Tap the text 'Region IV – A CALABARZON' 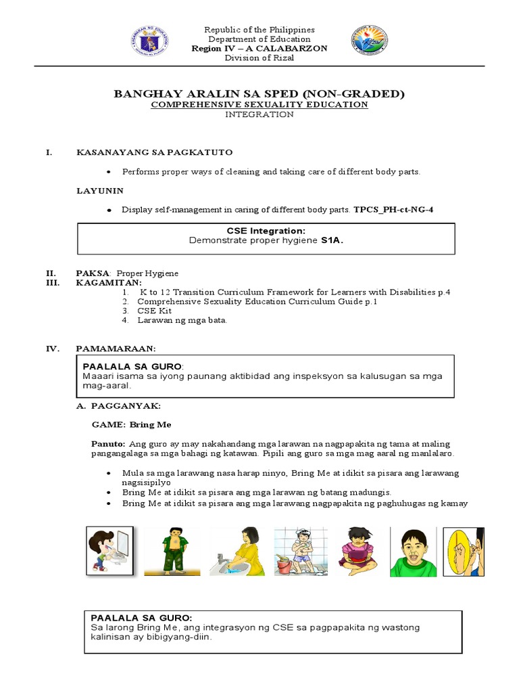tap(259, 49)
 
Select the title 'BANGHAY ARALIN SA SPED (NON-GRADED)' tap(259, 93)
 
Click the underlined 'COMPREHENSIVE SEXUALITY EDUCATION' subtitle tap(259, 105)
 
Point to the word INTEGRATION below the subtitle tap(259, 115)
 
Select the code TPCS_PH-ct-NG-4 tap(393, 210)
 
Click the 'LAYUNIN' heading tap(100, 191)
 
